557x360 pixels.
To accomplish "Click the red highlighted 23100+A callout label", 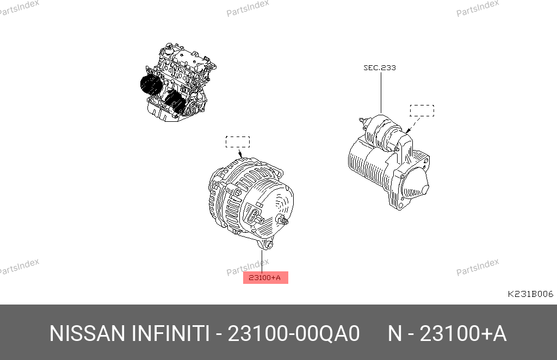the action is [x=265, y=278].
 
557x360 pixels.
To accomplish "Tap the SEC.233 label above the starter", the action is [x=379, y=67].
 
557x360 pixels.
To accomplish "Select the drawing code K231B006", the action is [x=530, y=294].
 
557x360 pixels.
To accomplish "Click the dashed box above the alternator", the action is [x=238, y=141].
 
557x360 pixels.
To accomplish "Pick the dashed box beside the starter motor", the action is [x=422, y=110].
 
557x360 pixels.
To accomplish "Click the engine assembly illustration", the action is [x=178, y=82].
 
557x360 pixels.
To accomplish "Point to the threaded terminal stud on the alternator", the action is [x=283, y=221].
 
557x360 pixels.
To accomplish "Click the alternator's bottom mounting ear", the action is [x=267, y=244].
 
